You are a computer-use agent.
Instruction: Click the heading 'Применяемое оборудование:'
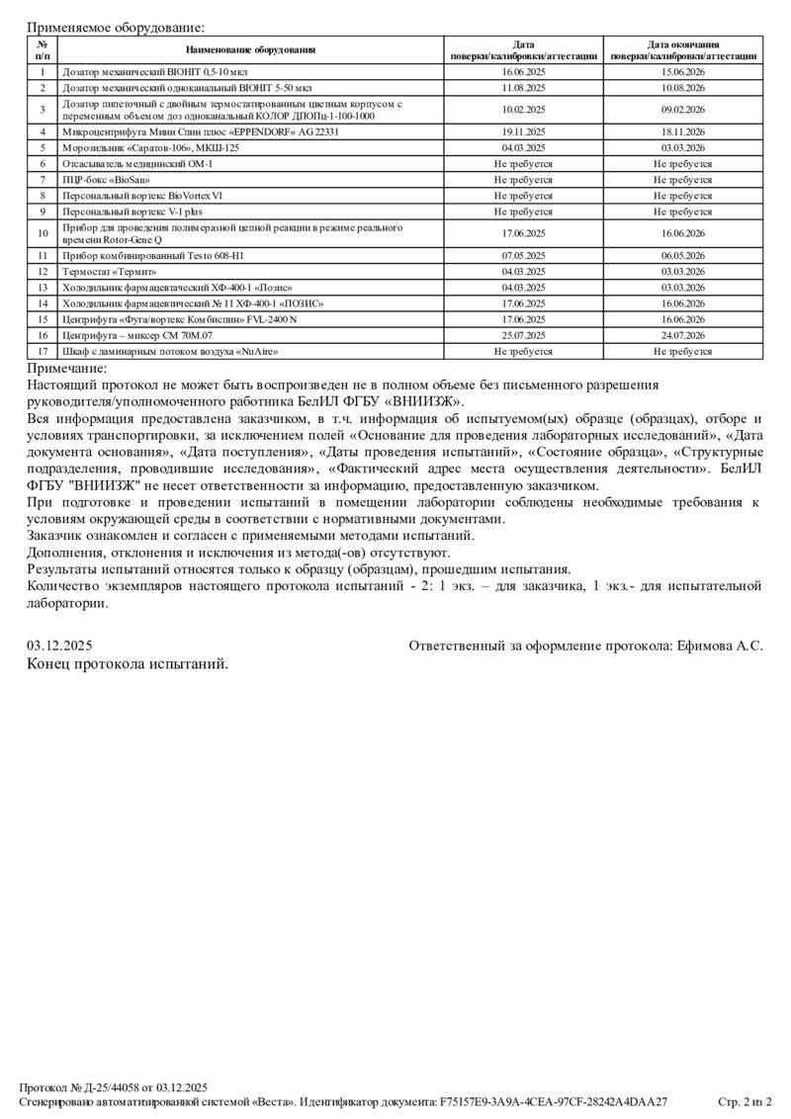click(117, 28)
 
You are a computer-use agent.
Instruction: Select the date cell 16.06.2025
click(524, 72)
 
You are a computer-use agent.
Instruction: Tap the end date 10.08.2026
click(682, 88)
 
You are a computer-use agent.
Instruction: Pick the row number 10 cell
click(43, 233)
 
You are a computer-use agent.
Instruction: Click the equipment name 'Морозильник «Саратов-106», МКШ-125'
click(150, 147)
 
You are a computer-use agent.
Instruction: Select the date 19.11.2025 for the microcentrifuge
click(524, 131)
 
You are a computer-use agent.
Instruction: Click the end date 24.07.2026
click(682, 335)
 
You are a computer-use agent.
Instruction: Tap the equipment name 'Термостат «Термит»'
click(110, 271)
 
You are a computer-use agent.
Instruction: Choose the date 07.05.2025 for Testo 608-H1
click(524, 255)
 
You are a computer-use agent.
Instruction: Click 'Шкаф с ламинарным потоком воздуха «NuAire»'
click(169, 351)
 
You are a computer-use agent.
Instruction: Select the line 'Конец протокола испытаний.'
click(128, 663)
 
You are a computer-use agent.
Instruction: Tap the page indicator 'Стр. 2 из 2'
click(744, 1100)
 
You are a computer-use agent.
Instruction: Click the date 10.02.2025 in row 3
click(524, 110)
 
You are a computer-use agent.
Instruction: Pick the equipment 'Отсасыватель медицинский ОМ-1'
click(136, 163)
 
